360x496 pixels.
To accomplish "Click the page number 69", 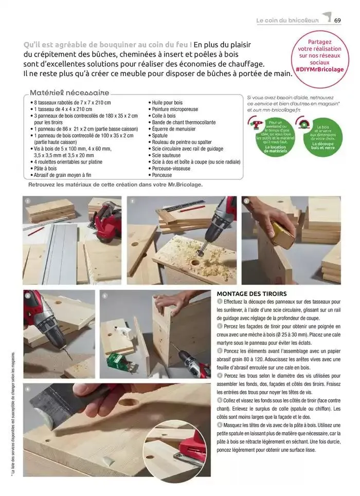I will tap(338, 21).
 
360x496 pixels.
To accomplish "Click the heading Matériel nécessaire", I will tap(70, 93).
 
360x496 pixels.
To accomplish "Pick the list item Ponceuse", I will tap(162, 175).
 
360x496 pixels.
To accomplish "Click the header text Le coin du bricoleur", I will tap(287, 21).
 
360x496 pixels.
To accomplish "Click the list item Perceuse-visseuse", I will tap(171, 168).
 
